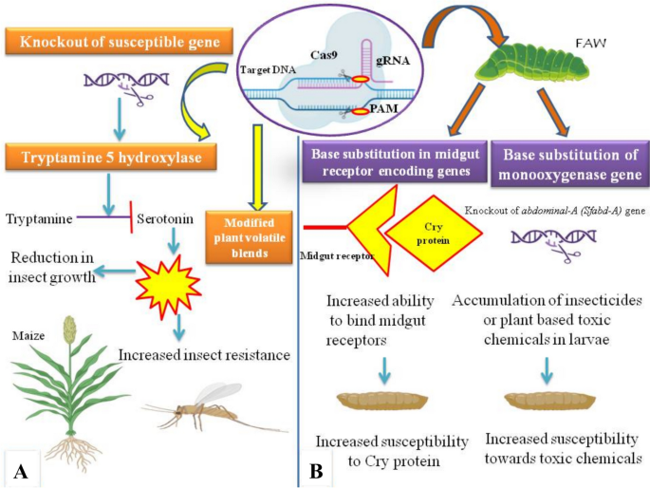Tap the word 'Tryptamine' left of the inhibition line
[x=39, y=219]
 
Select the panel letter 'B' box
[x=318, y=467]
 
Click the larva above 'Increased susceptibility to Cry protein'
[x=382, y=403]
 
